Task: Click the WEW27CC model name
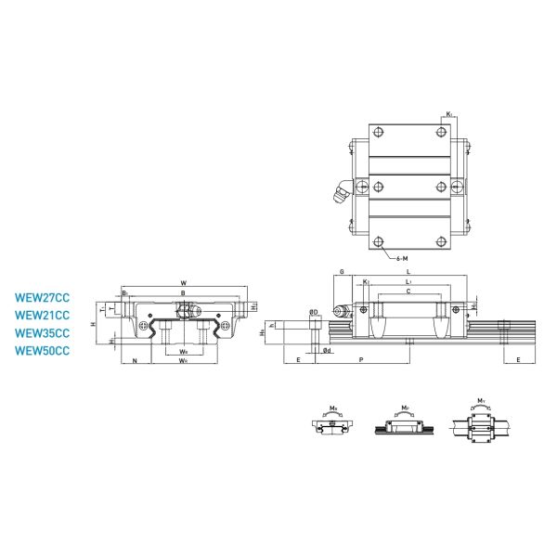43,299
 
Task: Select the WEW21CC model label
43,316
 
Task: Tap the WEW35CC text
43,332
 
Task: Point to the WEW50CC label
43,350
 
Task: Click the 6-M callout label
402,257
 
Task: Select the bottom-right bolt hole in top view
440,242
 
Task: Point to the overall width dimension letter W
183,283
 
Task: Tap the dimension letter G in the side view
342,271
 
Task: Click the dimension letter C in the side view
409,291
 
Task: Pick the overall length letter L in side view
409,271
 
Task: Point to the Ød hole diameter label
327,351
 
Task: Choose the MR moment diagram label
333,407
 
